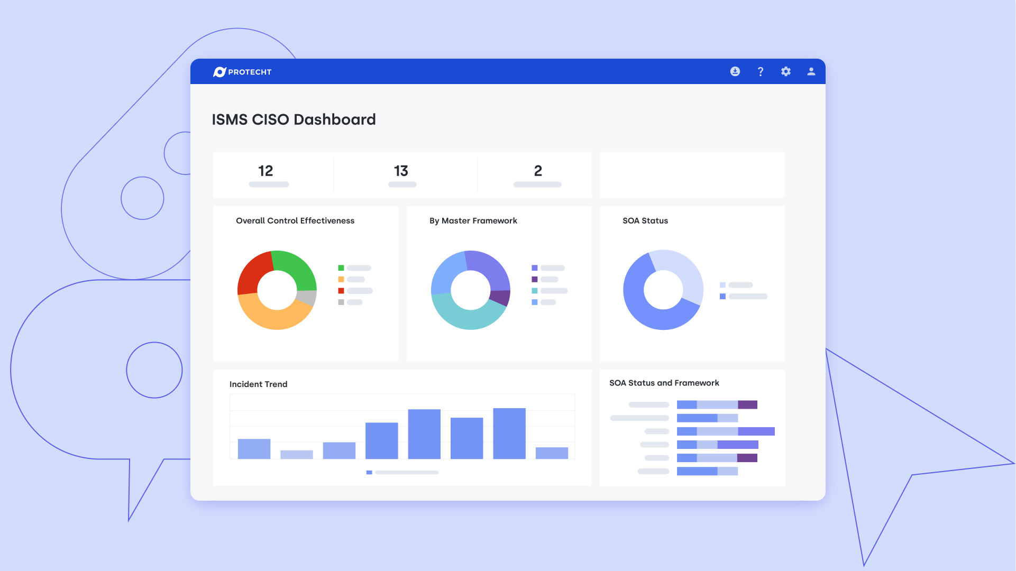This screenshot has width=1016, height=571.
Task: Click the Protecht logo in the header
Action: click(x=242, y=72)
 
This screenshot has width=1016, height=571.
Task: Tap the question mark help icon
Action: click(x=761, y=72)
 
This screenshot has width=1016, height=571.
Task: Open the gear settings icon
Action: click(x=786, y=71)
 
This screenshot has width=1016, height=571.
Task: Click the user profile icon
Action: click(x=811, y=71)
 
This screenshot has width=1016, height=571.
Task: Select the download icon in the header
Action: click(x=735, y=71)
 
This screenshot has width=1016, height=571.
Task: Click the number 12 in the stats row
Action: click(x=266, y=171)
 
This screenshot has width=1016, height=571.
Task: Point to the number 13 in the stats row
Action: click(x=401, y=171)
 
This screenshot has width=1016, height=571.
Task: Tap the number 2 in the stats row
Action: click(x=538, y=171)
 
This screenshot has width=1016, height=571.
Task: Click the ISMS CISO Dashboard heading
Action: click(x=294, y=119)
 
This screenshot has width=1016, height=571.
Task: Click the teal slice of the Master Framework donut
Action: click(x=465, y=319)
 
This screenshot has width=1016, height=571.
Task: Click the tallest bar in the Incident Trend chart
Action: click(x=509, y=433)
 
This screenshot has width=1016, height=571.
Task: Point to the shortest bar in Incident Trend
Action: click(x=297, y=454)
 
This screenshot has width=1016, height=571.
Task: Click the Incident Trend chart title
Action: click(x=258, y=384)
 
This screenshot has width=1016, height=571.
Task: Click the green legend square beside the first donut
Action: click(x=341, y=268)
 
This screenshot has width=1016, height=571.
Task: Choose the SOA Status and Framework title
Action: click(x=664, y=383)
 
